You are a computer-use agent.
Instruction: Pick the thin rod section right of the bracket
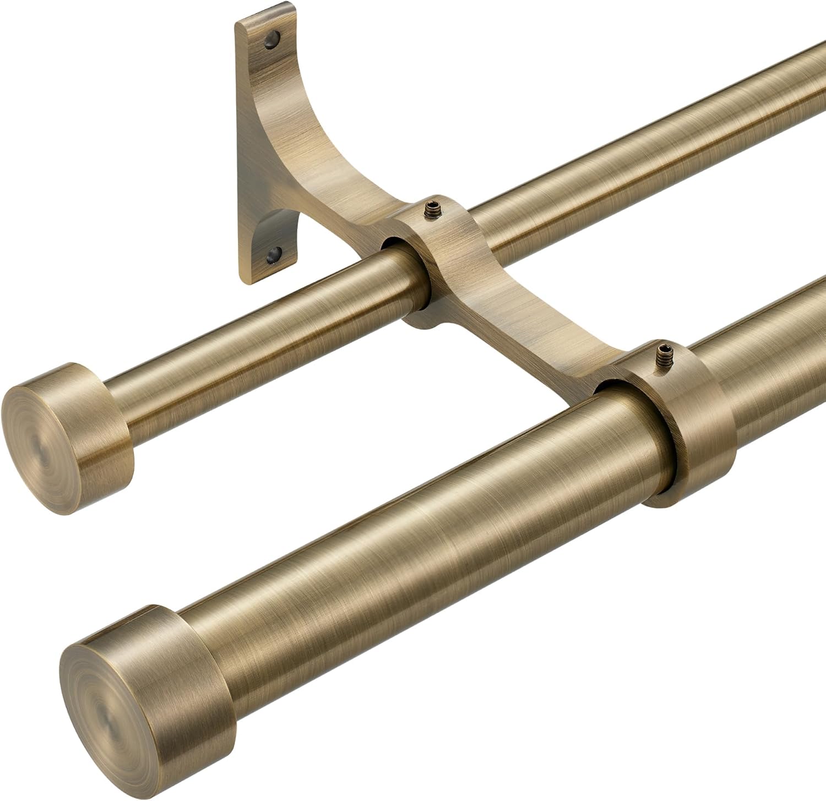pyautogui.click(x=633, y=165)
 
